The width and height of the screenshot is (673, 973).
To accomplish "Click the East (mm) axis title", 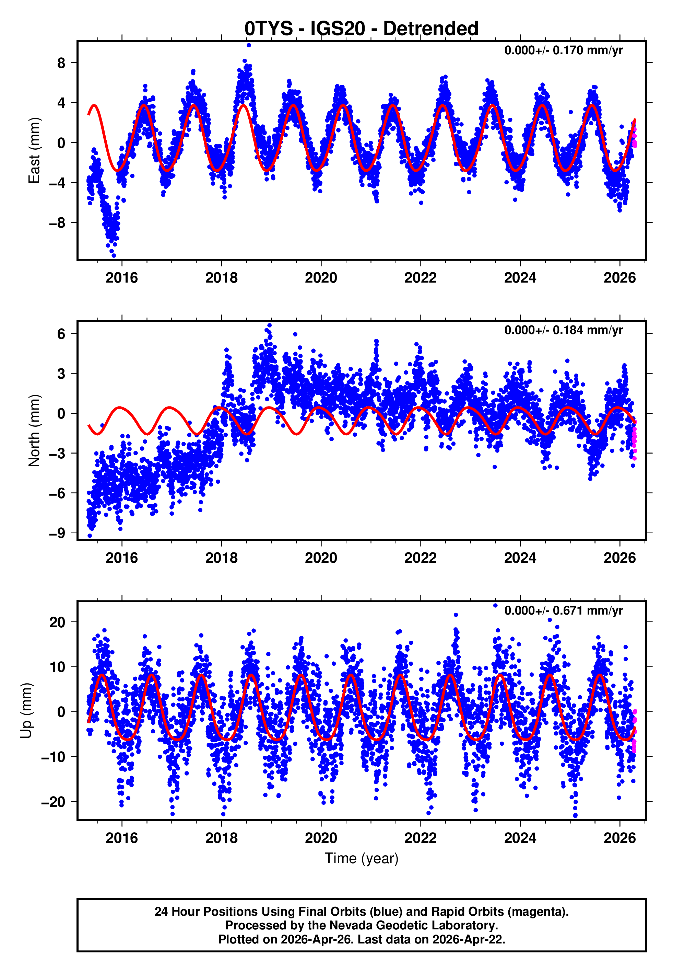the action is pos(34,150).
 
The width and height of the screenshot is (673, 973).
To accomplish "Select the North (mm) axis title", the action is pos(34,431).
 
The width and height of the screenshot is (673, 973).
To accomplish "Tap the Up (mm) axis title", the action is pos(26,711).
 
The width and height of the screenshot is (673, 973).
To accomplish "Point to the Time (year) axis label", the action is pos(362,859).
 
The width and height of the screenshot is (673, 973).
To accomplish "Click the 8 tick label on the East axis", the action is pos(61,63).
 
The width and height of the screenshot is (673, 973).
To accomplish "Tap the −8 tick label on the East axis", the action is pos(57,223).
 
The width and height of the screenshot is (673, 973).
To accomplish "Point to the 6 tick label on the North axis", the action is pos(61,334).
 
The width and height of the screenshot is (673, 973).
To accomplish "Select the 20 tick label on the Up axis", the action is pos(58,622).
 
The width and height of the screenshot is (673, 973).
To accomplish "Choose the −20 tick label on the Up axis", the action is pos(54,802).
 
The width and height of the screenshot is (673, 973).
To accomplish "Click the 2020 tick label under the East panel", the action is pos(321,278).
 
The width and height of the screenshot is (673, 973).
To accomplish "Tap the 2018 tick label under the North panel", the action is pos(221,558).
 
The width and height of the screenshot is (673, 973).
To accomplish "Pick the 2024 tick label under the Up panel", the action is pos(520,838).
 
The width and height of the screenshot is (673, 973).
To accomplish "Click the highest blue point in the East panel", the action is pos(249,45).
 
